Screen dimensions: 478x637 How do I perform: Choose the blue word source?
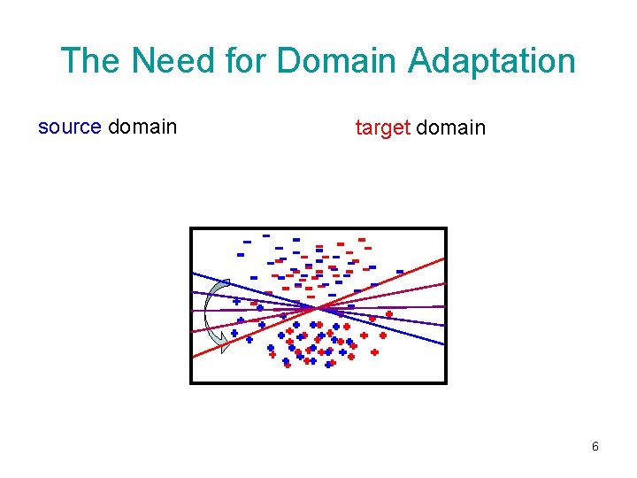point(69,127)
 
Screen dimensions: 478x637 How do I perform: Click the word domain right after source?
point(142,127)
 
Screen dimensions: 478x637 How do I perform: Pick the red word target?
point(382,127)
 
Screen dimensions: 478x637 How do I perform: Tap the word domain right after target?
point(450,127)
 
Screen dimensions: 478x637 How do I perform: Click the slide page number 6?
point(595,446)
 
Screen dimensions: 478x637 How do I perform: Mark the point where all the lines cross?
point(318,307)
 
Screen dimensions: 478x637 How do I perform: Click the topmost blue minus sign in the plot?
point(265,235)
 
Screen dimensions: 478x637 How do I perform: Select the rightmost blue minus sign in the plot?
point(400,272)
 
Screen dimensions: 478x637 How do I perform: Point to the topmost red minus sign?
point(361,239)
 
